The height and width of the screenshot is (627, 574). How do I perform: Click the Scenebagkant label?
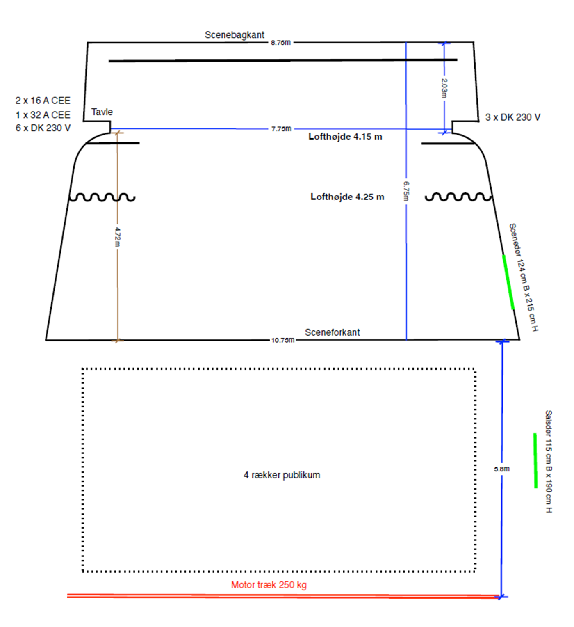(x=235, y=35)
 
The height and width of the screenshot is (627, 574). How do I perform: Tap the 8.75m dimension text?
(x=281, y=43)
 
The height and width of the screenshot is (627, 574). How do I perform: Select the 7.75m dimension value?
(x=281, y=129)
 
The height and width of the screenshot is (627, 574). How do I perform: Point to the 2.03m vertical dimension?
(x=444, y=88)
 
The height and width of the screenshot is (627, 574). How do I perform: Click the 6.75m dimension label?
(x=406, y=191)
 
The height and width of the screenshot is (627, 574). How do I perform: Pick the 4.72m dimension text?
(x=117, y=237)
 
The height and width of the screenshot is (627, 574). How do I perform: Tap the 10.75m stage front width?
(x=282, y=340)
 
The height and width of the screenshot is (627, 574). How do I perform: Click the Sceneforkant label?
(x=332, y=332)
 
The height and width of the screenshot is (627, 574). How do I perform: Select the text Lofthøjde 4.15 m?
(x=345, y=137)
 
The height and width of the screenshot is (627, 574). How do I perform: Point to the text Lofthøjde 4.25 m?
(x=347, y=197)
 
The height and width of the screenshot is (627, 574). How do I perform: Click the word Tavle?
(x=102, y=112)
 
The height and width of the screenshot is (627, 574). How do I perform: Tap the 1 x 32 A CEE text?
(x=43, y=115)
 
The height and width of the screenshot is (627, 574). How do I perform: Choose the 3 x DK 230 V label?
(x=513, y=117)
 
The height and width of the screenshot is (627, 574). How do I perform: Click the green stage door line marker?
(x=508, y=282)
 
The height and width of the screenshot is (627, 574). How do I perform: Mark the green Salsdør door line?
(x=535, y=460)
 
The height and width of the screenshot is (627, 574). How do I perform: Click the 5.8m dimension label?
(x=502, y=469)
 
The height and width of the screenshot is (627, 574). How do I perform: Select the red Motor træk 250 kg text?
(x=269, y=585)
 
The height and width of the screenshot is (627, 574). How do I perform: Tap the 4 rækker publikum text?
(x=282, y=475)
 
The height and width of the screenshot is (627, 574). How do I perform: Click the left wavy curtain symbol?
(x=102, y=197)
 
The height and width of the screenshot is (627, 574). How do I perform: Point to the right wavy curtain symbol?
(x=458, y=197)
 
